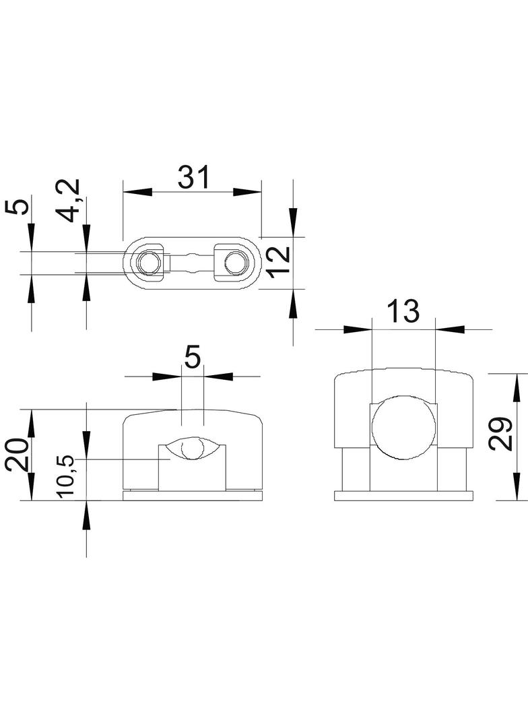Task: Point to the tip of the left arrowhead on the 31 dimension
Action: pyautogui.click(x=123, y=192)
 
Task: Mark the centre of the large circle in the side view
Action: pyautogui.click(x=403, y=427)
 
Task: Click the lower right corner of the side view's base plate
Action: pyautogui.click(x=472, y=501)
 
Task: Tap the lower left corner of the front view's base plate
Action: pyautogui.click(x=124, y=500)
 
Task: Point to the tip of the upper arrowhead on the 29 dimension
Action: pyautogui.click(x=518, y=374)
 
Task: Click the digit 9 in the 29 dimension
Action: pyautogui.click(x=500, y=426)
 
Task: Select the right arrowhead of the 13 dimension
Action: pyautogui.click(x=450, y=329)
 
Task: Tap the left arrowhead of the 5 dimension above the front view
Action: pyautogui.click(x=167, y=377)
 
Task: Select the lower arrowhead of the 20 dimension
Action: pyautogui.click(x=31, y=486)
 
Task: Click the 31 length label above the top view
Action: pyautogui.click(x=193, y=177)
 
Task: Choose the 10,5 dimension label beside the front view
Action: pyautogui.click(x=65, y=477)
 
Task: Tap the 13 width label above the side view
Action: pyautogui.click(x=403, y=311)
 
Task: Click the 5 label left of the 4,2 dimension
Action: pyautogui.click(x=17, y=207)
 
